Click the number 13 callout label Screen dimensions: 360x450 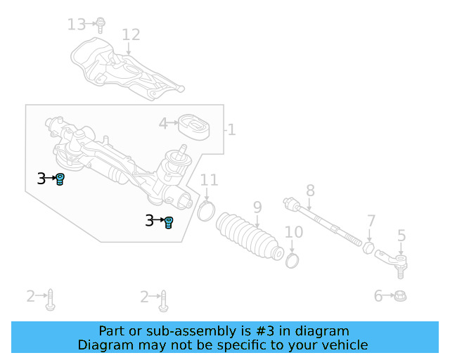tap(76, 25)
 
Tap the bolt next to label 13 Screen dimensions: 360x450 tap(101, 25)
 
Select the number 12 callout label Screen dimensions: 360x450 tap(131, 34)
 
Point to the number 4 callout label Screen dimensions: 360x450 tap(163, 124)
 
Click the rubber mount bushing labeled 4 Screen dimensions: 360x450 tap(193, 127)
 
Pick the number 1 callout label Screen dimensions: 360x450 tap(231, 130)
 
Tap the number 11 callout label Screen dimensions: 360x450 tap(209, 181)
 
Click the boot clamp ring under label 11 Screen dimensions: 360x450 tap(206, 210)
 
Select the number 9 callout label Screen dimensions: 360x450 tap(257, 207)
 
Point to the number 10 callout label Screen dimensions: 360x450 tap(294, 232)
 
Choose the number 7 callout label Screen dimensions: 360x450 tap(371, 221)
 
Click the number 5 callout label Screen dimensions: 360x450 tap(401, 236)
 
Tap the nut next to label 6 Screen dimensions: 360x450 tap(400, 296)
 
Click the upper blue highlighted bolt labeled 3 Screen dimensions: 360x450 tap(60, 179)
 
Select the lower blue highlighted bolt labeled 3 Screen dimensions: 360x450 tap(169, 222)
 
